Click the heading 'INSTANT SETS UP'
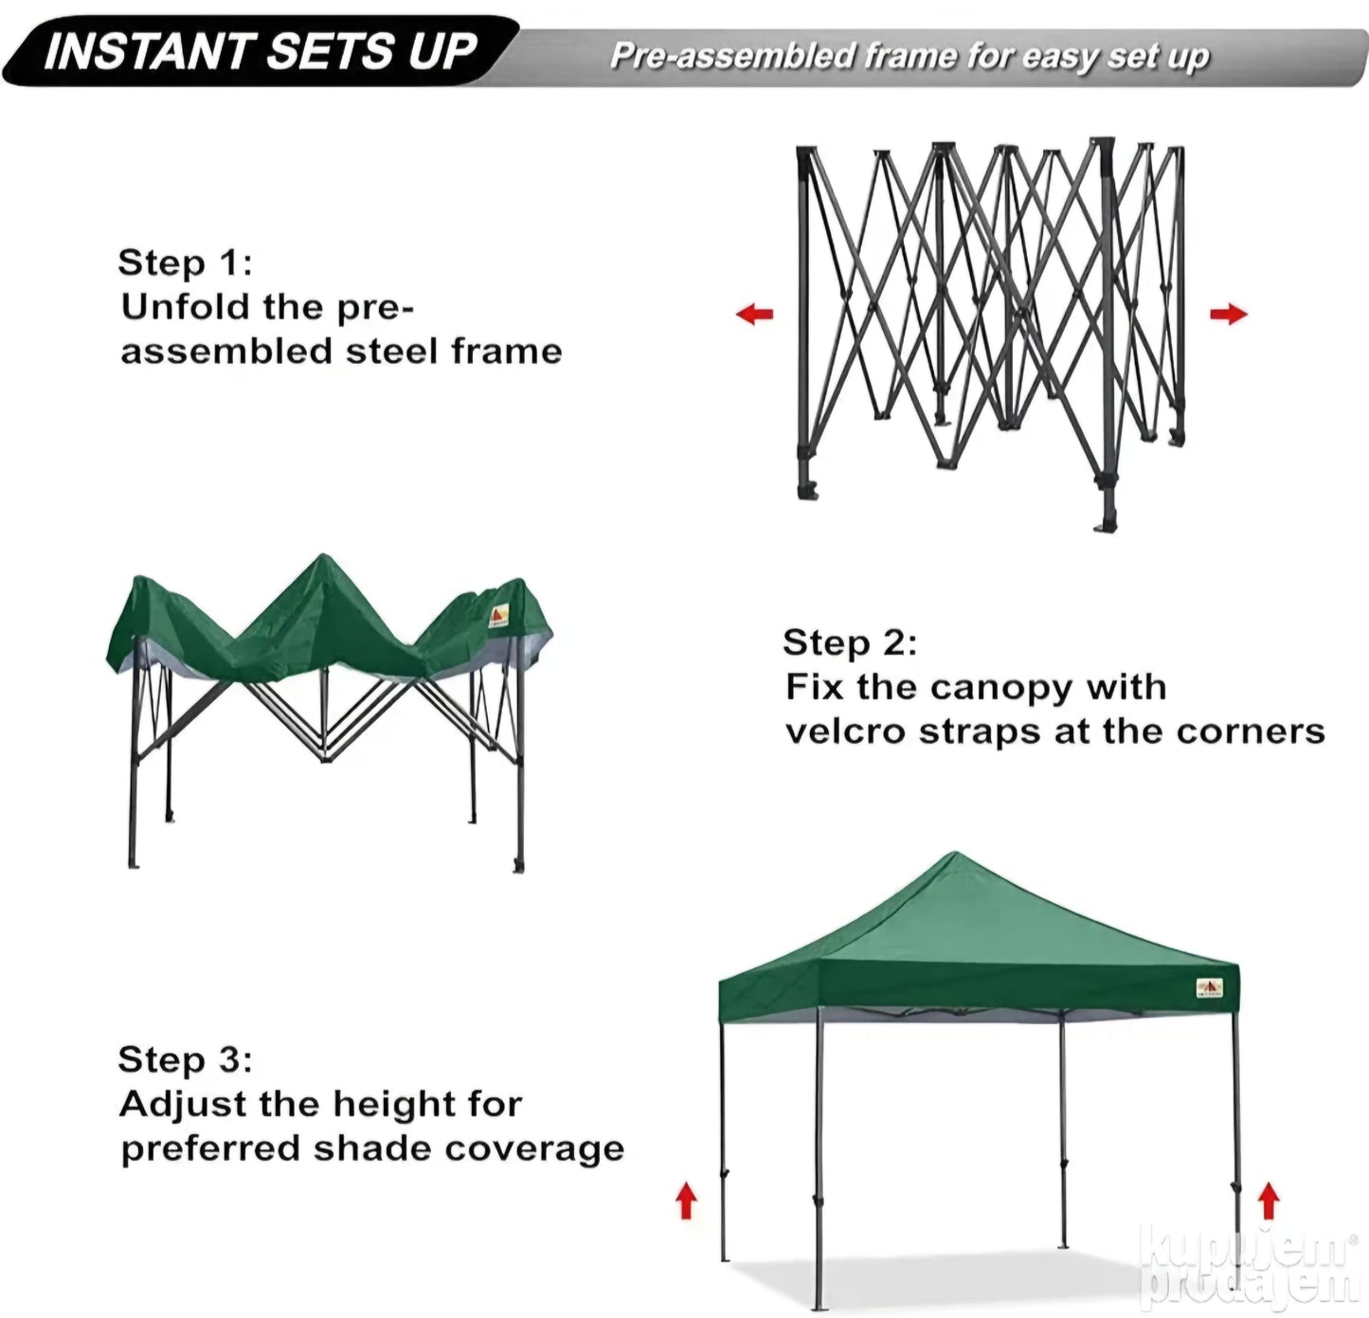point(261,52)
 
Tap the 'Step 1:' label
point(185,262)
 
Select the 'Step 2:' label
point(850,642)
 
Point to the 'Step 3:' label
point(185,1059)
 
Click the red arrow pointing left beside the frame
point(754,314)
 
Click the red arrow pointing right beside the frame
point(1228,314)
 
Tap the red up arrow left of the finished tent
point(686,1201)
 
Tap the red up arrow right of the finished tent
point(1269,1201)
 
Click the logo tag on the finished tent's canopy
point(1209,988)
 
